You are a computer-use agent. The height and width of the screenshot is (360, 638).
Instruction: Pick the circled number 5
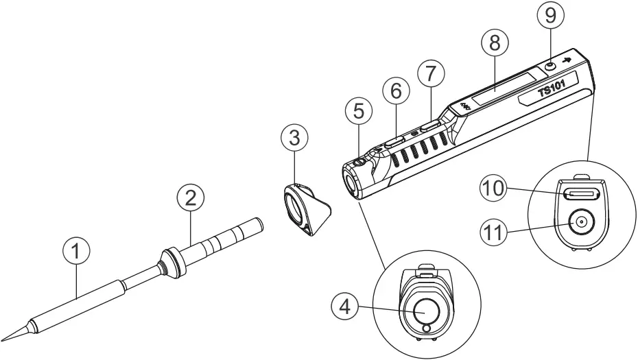pyautogui.click(x=360, y=110)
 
